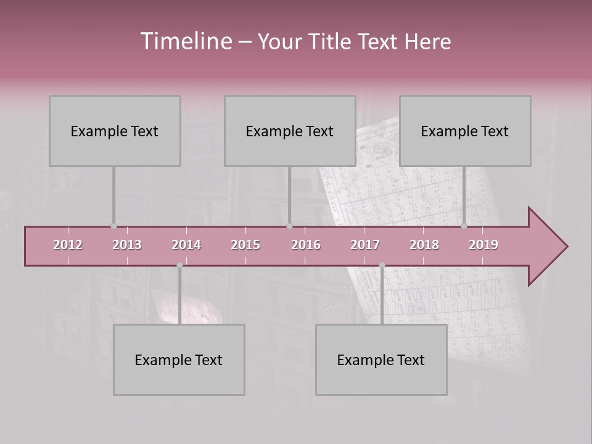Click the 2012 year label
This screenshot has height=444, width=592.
(x=68, y=245)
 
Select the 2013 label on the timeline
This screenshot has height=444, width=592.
(x=127, y=245)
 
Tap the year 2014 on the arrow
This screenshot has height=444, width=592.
(x=186, y=245)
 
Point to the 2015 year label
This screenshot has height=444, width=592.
(x=245, y=245)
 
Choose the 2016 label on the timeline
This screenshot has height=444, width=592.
(x=306, y=245)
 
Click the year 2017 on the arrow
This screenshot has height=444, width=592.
(x=365, y=245)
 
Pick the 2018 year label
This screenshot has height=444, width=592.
(x=424, y=245)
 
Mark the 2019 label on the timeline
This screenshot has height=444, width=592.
(x=483, y=245)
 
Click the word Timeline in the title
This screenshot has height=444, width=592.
(x=186, y=41)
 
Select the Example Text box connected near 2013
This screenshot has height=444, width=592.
(x=115, y=131)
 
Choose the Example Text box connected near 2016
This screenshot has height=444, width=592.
(x=290, y=131)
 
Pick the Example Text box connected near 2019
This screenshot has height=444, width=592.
(x=465, y=131)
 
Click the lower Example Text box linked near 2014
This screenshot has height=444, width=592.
(x=179, y=360)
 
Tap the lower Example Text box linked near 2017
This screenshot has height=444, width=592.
(x=381, y=360)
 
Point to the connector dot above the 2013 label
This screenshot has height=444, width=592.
(x=113, y=226)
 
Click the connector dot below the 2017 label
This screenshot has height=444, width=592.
(x=382, y=265)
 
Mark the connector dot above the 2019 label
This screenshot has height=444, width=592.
(x=464, y=226)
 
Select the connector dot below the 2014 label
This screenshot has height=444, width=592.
(x=179, y=265)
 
